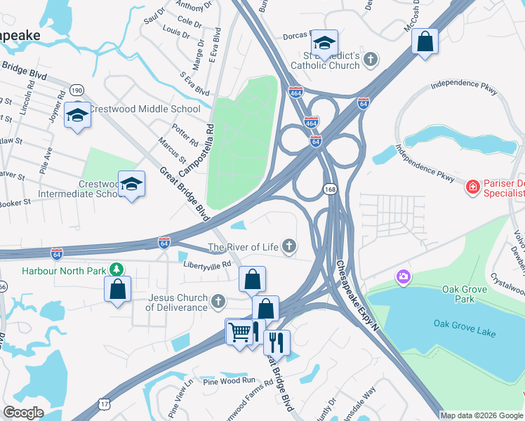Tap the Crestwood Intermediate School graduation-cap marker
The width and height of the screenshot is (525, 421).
[x=131, y=184]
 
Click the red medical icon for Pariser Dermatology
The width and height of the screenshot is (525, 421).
[x=473, y=187]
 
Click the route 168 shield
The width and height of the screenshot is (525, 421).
[x=329, y=189]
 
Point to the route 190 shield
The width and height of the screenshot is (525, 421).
[x=77, y=91]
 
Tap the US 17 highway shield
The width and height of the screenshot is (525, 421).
[x=104, y=404]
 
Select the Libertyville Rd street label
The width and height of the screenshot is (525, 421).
[x=207, y=265]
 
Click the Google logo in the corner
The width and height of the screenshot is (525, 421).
[x=24, y=413]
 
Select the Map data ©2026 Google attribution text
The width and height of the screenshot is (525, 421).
[x=481, y=415]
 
